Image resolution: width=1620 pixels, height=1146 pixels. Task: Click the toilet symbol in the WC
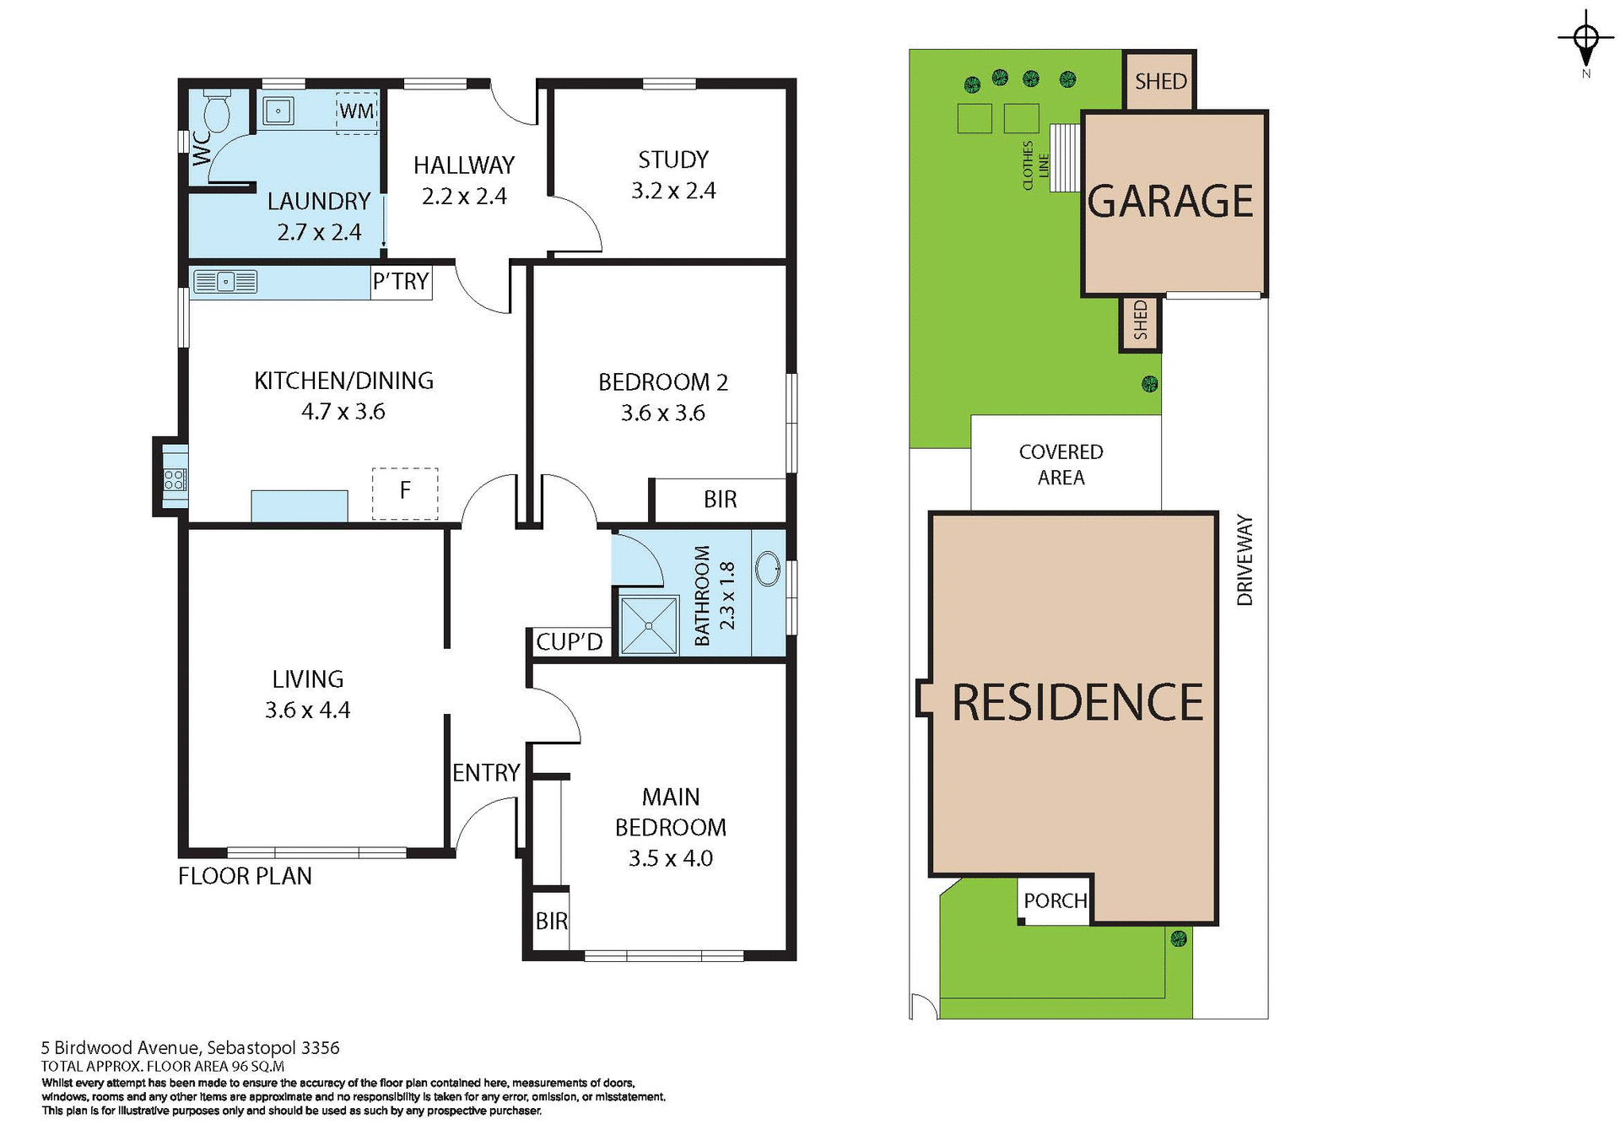[x=218, y=114]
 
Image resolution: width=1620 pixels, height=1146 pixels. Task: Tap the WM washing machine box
[x=357, y=111]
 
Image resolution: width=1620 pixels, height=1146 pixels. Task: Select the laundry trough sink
[x=278, y=111]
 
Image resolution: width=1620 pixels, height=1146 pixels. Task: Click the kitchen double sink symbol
[x=225, y=281]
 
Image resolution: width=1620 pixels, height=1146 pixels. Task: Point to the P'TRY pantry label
[x=402, y=281]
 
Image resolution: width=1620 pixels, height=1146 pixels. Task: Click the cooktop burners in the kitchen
[x=175, y=479]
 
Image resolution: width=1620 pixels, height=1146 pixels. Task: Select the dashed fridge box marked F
[x=405, y=493]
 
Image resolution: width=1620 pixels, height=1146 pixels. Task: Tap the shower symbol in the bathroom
[x=649, y=625]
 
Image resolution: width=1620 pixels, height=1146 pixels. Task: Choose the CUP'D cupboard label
[x=570, y=642]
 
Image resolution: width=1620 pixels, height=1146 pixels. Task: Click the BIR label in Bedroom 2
[x=720, y=500]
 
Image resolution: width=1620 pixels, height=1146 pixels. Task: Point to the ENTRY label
[x=486, y=773]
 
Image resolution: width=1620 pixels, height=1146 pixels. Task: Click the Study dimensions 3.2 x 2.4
[x=673, y=192]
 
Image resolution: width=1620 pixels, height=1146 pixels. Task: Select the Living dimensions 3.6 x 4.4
[x=307, y=711]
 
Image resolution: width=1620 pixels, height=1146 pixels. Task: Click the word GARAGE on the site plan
[x=1170, y=202]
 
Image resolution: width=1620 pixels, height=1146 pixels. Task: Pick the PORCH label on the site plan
[x=1055, y=901]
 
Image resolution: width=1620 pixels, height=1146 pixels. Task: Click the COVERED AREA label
[x=1061, y=464]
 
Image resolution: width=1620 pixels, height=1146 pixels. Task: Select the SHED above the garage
[x=1160, y=81]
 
